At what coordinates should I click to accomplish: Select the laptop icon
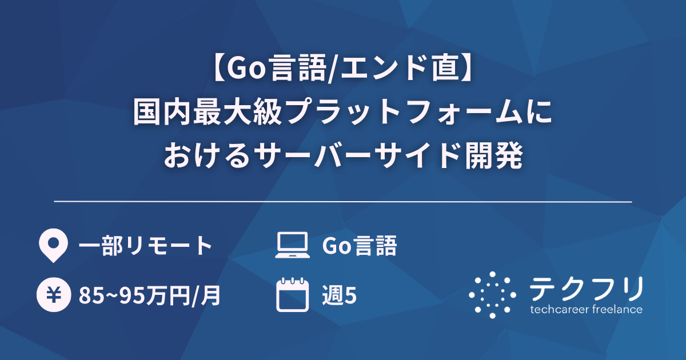(x=292, y=246)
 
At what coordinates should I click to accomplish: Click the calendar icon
(x=292, y=295)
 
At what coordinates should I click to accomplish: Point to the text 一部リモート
(x=146, y=246)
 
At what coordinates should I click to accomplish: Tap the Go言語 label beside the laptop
(x=359, y=246)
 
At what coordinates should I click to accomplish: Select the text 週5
(x=340, y=296)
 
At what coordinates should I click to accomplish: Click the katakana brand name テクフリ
(x=585, y=289)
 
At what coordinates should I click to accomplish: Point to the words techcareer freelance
(x=585, y=310)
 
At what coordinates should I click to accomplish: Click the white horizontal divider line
(x=343, y=202)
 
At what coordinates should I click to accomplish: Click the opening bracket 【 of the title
(x=219, y=69)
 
